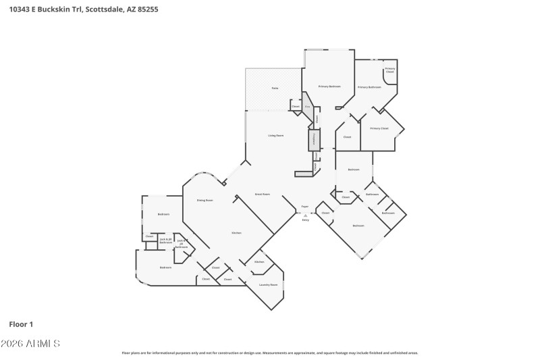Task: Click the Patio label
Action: pos(275,88)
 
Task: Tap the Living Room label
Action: pos(275,136)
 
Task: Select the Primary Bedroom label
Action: pos(330,86)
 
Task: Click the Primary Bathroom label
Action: pos(369,87)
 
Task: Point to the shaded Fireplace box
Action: pos(314,140)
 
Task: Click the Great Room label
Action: pos(263,194)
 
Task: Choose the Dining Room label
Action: pos(205,201)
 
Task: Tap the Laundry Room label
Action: pos(269,285)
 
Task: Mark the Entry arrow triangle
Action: pos(305,215)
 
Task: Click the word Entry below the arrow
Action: pos(305,220)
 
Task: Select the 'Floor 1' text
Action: pos(21,324)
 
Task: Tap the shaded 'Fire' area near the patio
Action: pos(307,107)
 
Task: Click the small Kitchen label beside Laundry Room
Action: pos(259,262)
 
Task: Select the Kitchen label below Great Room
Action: pos(236,233)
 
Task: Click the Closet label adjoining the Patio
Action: pos(295,106)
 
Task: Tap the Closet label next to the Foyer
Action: pos(325,213)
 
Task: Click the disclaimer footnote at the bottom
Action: pos(269,353)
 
